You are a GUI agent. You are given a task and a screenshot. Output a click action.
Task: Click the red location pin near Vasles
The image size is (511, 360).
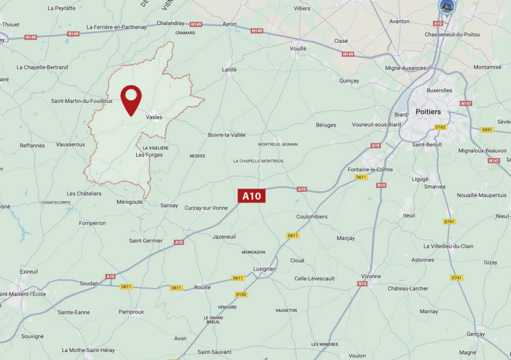tap(131, 99)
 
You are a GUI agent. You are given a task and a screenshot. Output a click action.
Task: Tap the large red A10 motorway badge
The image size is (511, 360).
tap(252, 196)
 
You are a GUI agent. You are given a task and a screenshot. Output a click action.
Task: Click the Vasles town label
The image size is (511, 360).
tap(154, 117)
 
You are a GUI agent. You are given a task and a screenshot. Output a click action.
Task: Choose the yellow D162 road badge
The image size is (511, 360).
tap(440, 127)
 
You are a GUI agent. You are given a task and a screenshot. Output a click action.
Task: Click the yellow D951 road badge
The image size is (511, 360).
tap(487, 130)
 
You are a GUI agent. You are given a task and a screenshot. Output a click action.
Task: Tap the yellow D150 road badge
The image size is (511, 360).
tap(241, 294)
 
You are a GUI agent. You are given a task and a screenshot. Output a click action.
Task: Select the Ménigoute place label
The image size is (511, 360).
tap(129, 202)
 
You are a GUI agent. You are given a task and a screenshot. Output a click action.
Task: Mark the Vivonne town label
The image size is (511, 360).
tap(371, 276)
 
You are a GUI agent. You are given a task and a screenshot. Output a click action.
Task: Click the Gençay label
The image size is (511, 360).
tap(475, 334)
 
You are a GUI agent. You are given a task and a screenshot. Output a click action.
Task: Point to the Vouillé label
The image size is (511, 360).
tap(299, 48)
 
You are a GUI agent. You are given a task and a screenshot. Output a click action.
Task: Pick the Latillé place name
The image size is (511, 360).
tap(229, 69)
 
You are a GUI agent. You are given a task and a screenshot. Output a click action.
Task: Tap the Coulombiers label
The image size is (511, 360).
tap(312, 216)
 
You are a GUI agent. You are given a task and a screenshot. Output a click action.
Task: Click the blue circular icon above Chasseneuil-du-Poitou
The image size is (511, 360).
tap(447, 7)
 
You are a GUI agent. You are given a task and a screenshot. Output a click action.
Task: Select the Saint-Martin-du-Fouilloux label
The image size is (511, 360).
tap(82, 101)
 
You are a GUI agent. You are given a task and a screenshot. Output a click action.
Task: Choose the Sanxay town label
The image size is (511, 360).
tap(169, 205)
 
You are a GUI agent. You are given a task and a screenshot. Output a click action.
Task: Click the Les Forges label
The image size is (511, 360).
tap(149, 155)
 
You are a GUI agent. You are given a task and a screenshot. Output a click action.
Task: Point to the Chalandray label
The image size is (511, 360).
tap(170, 23)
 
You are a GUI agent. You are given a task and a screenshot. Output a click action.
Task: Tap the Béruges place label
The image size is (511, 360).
tap(326, 125)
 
